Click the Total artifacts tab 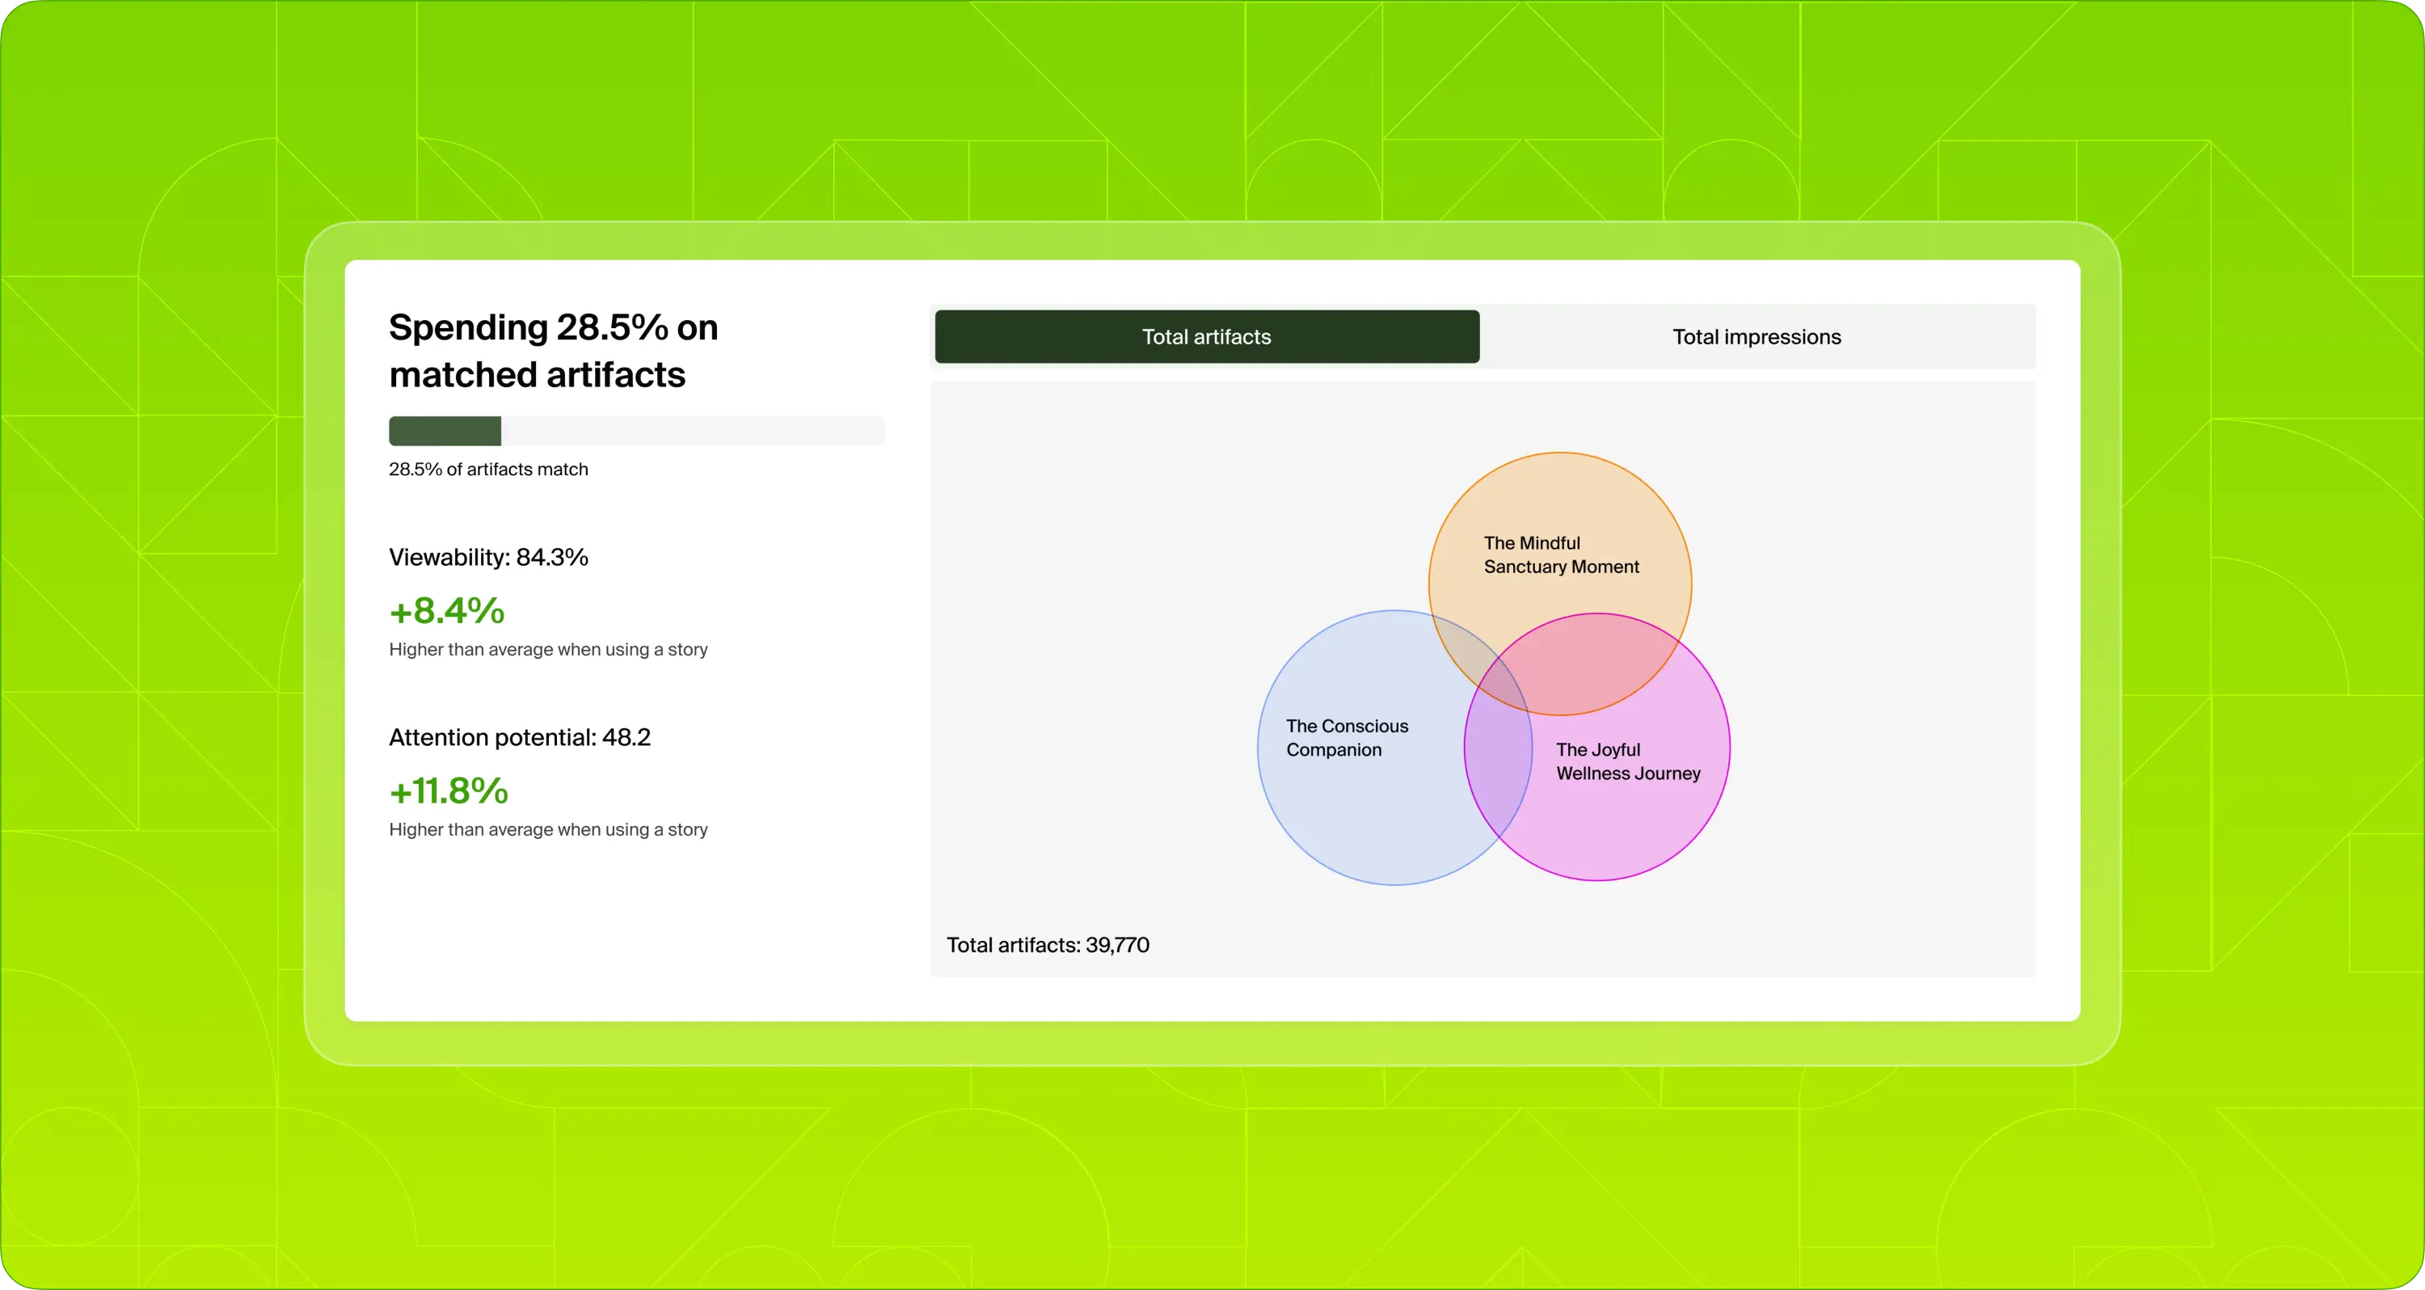coord(1206,336)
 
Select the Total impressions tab coord(1756,336)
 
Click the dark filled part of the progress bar coord(445,432)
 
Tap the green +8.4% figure coord(447,611)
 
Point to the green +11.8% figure coord(449,791)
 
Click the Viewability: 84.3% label coord(488,558)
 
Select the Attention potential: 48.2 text coord(520,737)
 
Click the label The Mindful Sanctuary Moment coord(1561,554)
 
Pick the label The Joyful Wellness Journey coord(1628,761)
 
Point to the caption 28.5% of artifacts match coord(488,469)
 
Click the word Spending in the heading coord(468,327)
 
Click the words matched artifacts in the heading coord(537,375)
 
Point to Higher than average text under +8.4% coord(548,650)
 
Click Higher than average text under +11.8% coord(548,829)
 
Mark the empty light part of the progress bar coord(692,432)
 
